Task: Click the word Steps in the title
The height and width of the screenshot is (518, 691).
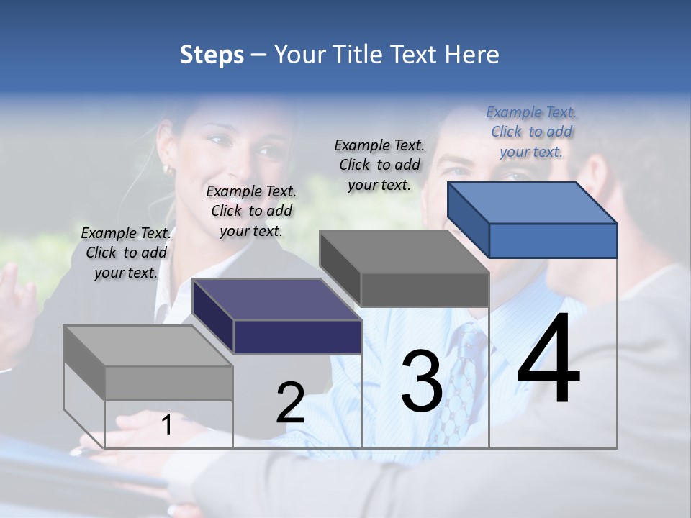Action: [x=212, y=55]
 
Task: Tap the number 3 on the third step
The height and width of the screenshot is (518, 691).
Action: [x=422, y=381]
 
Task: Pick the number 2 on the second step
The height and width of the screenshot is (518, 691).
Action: [x=290, y=403]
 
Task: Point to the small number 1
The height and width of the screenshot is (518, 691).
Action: [x=166, y=424]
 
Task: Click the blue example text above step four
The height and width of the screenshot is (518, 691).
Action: [x=531, y=132]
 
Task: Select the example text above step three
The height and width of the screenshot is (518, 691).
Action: [x=379, y=165]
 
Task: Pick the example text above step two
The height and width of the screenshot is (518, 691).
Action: [x=251, y=211]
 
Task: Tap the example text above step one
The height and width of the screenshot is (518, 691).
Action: [x=126, y=253]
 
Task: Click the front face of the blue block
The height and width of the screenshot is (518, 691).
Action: [x=553, y=240]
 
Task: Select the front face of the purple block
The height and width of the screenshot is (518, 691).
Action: [x=297, y=337]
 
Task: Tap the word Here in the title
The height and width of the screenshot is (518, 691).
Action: [x=471, y=55]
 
